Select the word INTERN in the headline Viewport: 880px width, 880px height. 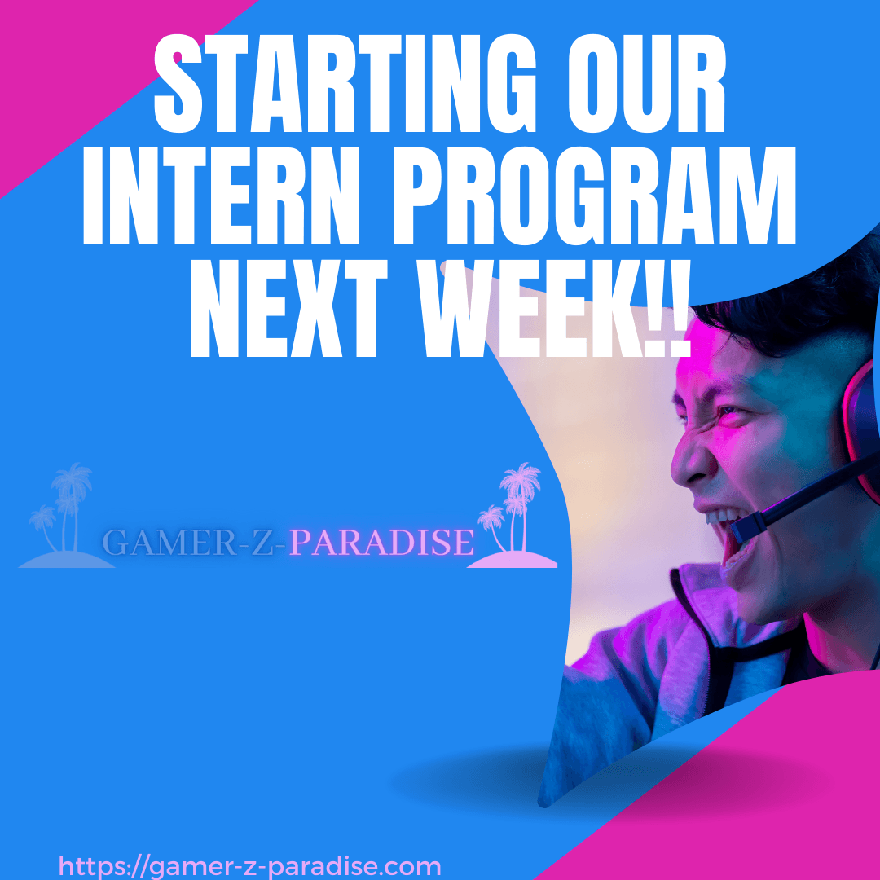coord(221,196)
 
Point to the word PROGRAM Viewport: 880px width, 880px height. coord(595,196)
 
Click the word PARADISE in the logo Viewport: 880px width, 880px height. coord(381,543)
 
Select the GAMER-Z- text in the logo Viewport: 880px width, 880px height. coord(196,543)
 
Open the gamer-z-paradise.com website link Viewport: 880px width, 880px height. coord(250,866)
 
